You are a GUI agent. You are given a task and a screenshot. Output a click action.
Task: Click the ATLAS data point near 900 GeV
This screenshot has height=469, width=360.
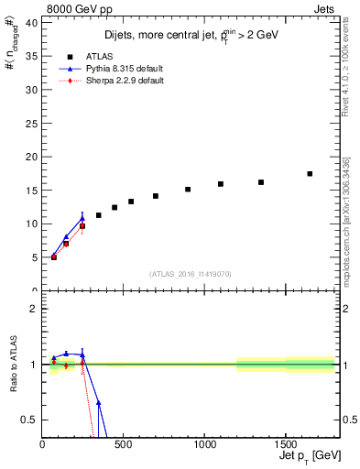188,190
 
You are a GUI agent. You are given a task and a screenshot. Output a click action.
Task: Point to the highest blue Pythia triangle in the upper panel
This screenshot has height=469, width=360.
82,219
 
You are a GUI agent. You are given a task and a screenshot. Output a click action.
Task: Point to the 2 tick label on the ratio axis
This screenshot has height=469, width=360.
34,309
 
